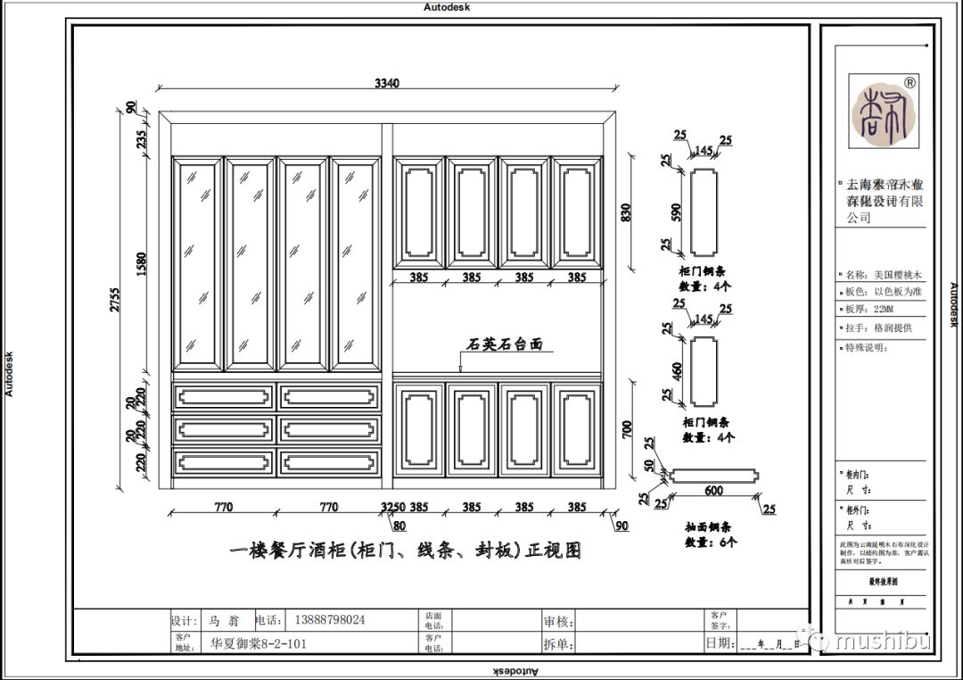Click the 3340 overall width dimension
coord(387,83)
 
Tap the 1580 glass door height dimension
coord(142,264)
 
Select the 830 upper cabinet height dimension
coord(626,212)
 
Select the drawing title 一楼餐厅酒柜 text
coord(406,551)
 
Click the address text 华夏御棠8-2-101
coord(259,643)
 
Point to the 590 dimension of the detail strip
coord(677,212)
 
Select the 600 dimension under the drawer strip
coord(713,490)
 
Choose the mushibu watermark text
coord(883,642)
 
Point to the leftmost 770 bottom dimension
coord(223,507)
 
